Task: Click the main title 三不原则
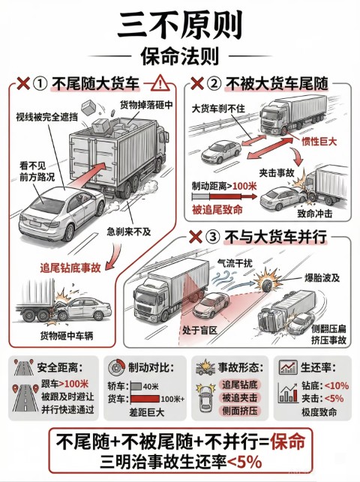coord(180,25)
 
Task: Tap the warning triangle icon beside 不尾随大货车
coord(160,83)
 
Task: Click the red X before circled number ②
coord(197,83)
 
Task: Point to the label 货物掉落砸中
coord(146,105)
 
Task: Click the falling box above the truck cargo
coord(89,107)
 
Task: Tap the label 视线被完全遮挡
coord(46,116)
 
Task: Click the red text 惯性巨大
coord(319,142)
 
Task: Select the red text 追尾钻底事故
coord(70,268)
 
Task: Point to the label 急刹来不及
coord(129,231)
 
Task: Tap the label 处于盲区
coord(199,330)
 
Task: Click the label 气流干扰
coord(235,263)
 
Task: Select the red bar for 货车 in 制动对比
coord(145,399)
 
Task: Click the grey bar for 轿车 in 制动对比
coord(136,386)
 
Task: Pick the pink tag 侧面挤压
coord(240,411)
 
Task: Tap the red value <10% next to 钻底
coord(336,385)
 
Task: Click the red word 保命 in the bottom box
coord(287,442)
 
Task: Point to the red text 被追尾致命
coord(217,210)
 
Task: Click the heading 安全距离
coord(60,367)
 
